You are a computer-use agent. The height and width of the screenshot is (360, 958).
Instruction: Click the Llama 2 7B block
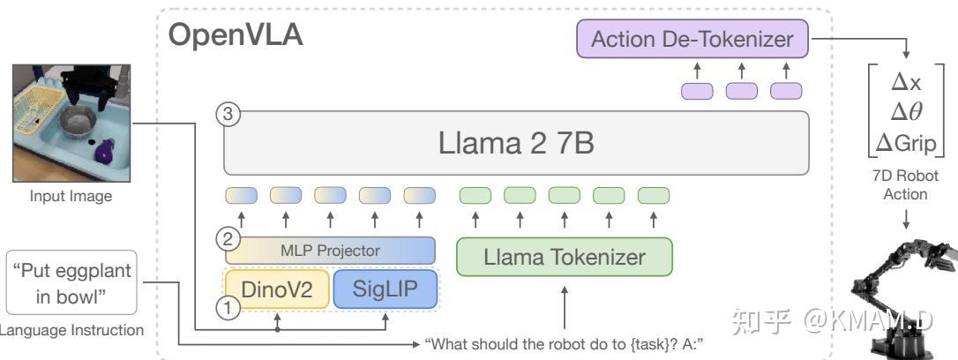click(x=515, y=143)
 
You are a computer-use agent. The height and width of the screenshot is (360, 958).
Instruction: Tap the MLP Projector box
click(x=330, y=250)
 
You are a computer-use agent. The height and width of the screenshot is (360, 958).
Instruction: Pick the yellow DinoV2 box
click(x=277, y=288)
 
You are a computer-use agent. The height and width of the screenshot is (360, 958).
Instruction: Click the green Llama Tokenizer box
click(x=564, y=258)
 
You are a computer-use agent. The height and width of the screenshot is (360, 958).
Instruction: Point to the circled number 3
click(x=228, y=114)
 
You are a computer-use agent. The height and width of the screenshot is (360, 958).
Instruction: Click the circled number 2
click(x=228, y=238)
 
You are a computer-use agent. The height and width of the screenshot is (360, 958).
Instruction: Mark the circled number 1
click(x=228, y=308)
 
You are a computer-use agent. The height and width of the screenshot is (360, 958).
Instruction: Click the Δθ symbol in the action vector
click(x=906, y=111)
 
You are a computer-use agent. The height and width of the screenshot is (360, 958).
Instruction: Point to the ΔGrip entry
click(x=906, y=142)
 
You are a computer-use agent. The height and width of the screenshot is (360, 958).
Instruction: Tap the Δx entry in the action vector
click(x=906, y=81)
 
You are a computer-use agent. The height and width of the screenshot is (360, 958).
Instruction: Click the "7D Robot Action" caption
click(x=906, y=186)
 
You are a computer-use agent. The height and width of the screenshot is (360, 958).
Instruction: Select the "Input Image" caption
click(x=71, y=196)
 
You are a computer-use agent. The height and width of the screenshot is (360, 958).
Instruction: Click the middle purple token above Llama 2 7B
click(x=742, y=90)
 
